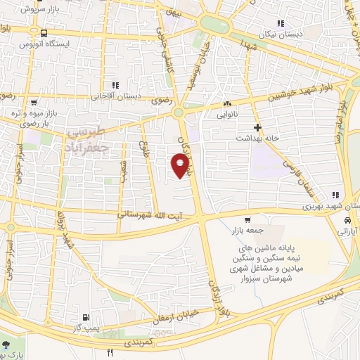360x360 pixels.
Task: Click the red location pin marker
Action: click(181, 165)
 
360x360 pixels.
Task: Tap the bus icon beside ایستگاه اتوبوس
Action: click(44, 34)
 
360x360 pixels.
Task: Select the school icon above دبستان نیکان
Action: click(281, 23)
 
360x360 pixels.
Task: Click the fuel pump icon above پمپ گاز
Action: click(86, 318)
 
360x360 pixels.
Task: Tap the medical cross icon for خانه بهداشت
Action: click(258, 127)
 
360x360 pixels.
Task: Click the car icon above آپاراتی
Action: click(346, 219)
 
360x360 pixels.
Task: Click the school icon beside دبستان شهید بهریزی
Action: click(336, 195)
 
